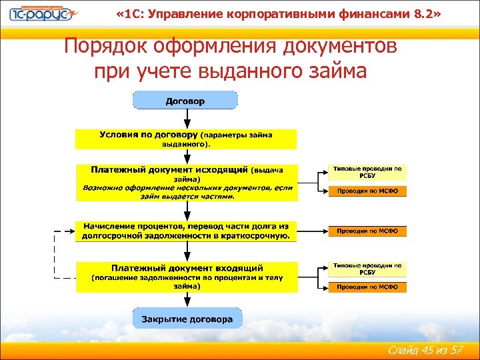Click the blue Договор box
click(x=185, y=101)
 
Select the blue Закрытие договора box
click(x=187, y=319)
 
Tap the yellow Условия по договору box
click(x=186, y=139)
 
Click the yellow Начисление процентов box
click(x=186, y=231)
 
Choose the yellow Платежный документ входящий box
click(x=187, y=276)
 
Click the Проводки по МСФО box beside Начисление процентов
click(x=367, y=231)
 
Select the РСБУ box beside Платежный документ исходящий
click(x=367, y=173)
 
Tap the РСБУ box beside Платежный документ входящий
click(x=367, y=269)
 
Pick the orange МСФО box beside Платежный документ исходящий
click(x=367, y=191)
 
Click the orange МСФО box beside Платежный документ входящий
click(x=367, y=287)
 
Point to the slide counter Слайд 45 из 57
click(x=423, y=349)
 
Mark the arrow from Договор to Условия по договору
click(x=186, y=119)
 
